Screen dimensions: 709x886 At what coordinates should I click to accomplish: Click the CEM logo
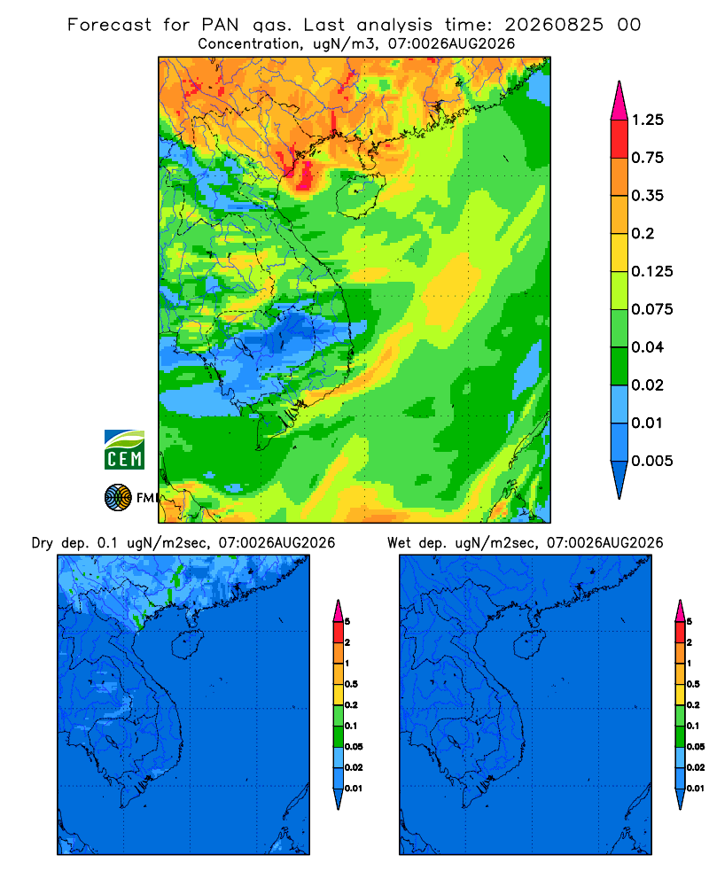[124, 450]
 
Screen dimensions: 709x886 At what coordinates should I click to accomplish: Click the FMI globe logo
[118, 497]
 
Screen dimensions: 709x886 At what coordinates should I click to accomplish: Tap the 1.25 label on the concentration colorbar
[647, 120]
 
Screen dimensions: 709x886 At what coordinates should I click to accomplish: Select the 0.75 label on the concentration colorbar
[647, 158]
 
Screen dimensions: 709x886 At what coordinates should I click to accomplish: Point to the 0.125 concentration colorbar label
[652, 271]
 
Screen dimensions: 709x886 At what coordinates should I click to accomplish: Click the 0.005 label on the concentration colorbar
[652, 461]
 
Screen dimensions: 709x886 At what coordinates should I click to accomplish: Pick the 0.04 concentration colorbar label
[647, 347]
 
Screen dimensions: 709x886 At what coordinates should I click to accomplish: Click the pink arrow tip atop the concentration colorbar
[619, 82]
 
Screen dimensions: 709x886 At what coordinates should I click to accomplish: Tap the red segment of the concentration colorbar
[619, 139]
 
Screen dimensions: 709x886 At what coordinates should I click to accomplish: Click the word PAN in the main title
[220, 25]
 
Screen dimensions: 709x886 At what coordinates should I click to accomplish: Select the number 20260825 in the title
[554, 25]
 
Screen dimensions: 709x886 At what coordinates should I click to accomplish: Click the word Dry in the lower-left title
[42, 543]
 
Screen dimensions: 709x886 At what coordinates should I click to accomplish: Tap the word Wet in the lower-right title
[399, 543]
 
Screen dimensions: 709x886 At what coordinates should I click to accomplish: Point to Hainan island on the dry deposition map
[186, 644]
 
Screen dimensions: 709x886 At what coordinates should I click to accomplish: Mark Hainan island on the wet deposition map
[528, 644]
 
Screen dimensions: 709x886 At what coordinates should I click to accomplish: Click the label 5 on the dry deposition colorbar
[347, 622]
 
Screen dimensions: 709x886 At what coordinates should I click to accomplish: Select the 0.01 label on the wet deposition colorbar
[696, 789]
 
